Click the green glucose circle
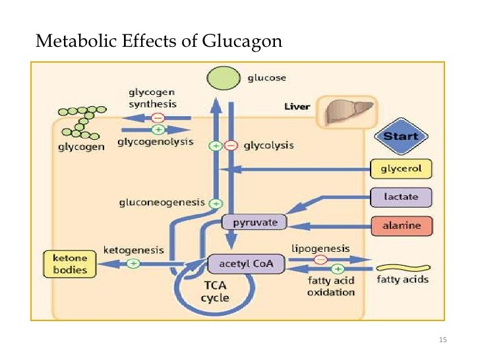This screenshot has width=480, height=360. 224,78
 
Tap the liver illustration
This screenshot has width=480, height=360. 347,111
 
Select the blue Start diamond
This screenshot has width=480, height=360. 401,137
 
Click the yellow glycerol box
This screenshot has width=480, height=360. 401,168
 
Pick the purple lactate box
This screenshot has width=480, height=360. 401,196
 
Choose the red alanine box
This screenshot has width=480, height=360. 401,225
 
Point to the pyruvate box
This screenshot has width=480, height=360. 253,222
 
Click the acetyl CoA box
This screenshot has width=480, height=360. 246,264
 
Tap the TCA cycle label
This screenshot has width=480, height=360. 215,292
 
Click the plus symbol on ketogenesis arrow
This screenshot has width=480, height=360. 133,264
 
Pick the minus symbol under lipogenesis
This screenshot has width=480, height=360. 320,259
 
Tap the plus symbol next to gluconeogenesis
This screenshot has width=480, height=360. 214,204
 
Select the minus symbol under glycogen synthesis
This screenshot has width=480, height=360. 158,118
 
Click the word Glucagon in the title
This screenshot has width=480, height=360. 245,42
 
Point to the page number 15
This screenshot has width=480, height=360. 442,340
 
